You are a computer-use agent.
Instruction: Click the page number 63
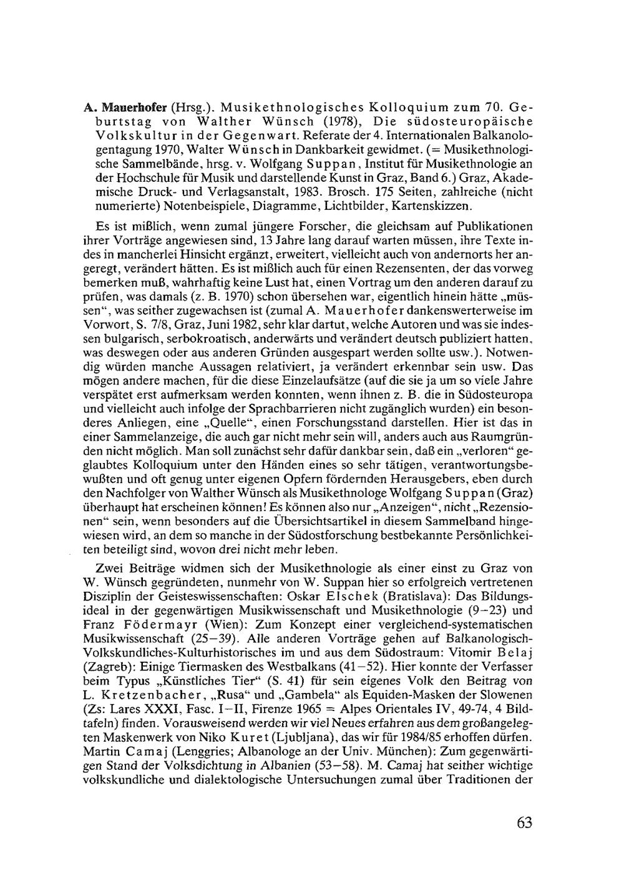click(x=524, y=822)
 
